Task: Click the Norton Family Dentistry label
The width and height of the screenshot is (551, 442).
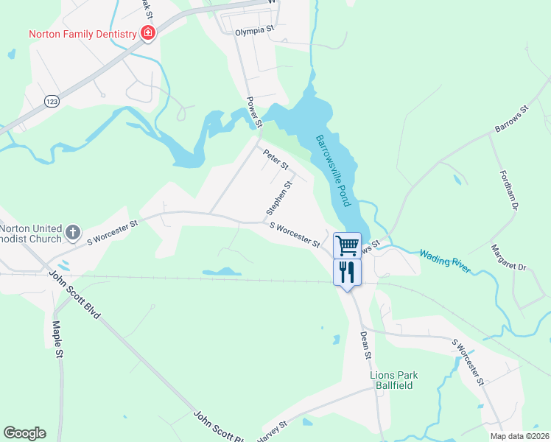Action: tap(83, 34)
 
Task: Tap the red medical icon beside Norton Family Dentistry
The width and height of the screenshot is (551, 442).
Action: tap(148, 33)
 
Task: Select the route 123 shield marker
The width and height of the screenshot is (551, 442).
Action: tap(52, 101)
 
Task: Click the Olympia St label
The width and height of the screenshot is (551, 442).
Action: tap(254, 32)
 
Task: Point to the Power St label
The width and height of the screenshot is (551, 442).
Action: tap(253, 113)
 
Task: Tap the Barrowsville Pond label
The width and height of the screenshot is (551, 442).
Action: tap(335, 170)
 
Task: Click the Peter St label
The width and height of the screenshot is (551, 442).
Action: tap(275, 158)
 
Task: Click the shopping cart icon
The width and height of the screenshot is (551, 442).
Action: tap(347, 245)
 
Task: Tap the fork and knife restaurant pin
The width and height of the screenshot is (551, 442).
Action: tap(347, 272)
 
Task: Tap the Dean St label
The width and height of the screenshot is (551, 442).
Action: tap(365, 344)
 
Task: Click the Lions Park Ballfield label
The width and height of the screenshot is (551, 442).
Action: tap(393, 380)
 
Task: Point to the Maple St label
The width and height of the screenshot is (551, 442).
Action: tap(58, 340)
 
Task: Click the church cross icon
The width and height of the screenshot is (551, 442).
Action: tap(72, 233)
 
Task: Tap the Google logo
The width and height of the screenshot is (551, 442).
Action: tap(24, 433)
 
